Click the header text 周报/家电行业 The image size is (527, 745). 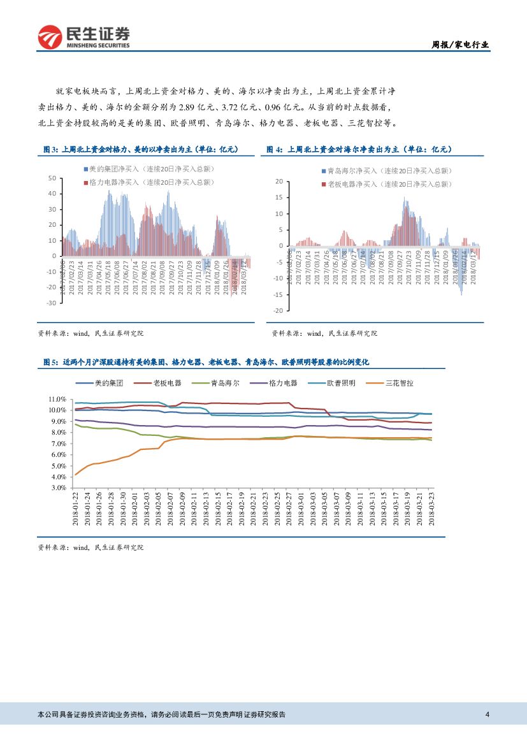tap(461, 45)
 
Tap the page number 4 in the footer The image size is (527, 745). tap(487, 714)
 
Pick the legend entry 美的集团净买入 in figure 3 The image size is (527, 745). tap(149, 169)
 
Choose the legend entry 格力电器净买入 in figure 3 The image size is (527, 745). tap(149, 182)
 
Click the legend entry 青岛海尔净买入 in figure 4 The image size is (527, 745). tap(387, 171)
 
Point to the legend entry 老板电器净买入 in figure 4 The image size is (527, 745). tap(387, 184)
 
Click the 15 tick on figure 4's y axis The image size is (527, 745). tap(279, 198)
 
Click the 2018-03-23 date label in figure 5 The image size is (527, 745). tap(431, 509)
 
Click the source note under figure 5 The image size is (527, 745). tap(91, 547)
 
